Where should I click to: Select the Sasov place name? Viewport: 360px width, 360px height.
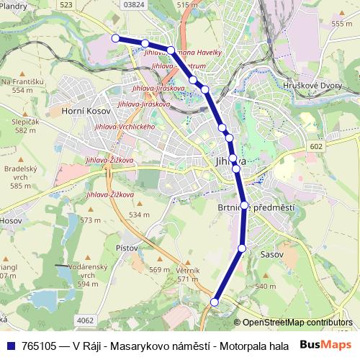273,254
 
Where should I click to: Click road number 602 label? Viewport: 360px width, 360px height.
318,146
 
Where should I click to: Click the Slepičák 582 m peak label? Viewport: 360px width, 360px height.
25,126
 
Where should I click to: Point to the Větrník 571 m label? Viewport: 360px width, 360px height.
187,274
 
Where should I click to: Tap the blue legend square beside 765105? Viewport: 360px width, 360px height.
11,346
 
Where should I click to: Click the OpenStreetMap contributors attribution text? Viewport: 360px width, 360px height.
297,323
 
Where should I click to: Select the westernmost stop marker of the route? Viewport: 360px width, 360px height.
115,38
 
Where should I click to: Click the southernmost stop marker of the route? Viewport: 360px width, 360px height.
214,302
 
